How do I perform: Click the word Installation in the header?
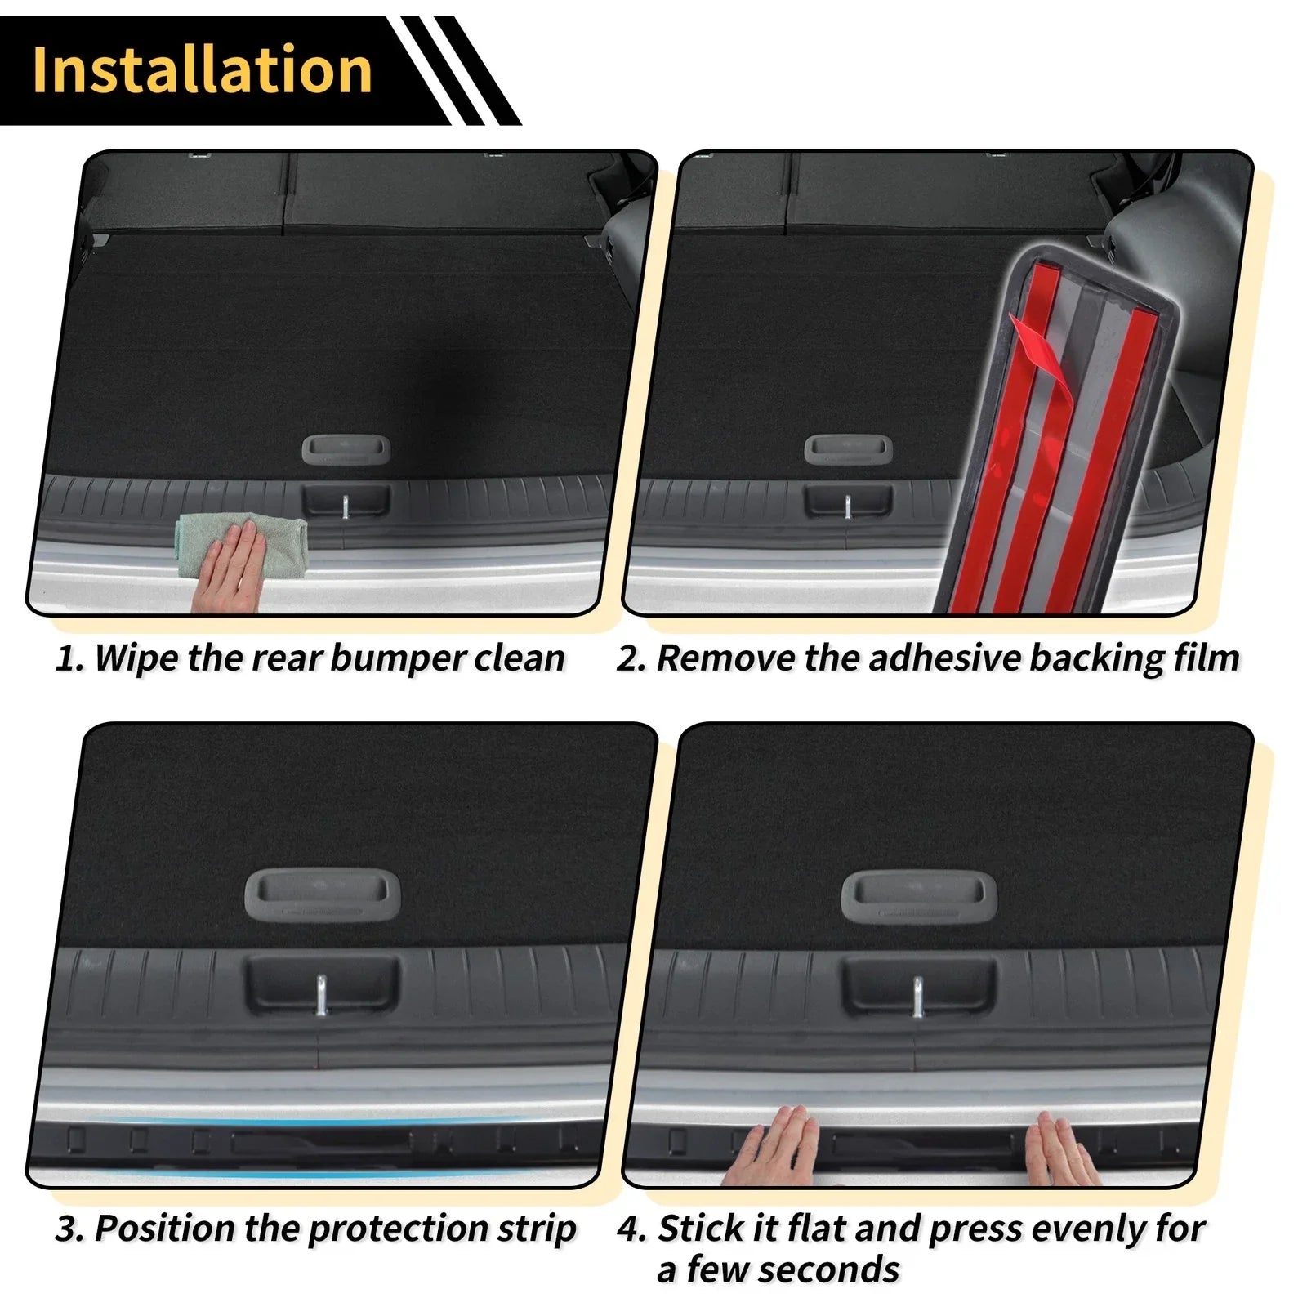tap(202, 70)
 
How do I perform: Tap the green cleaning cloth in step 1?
tap(242, 542)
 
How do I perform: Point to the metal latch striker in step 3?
tap(322, 994)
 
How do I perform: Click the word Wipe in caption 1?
tap(136, 658)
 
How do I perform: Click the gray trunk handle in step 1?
tap(346, 449)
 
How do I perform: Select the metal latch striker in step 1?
tap(346, 506)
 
